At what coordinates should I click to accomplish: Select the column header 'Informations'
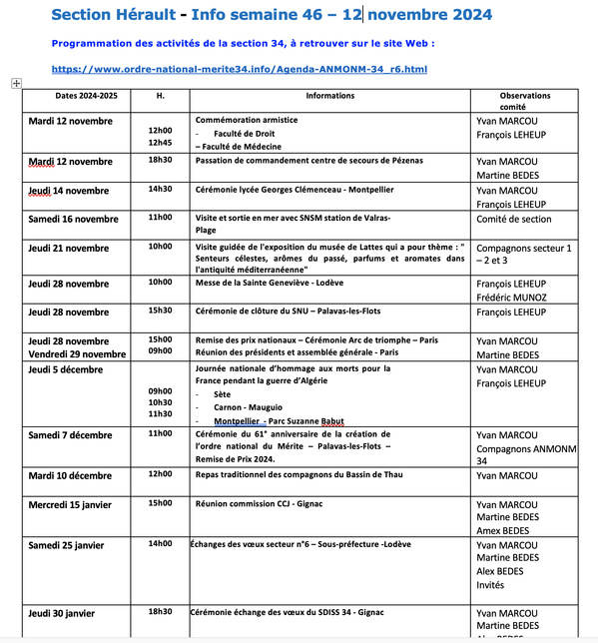(x=329, y=96)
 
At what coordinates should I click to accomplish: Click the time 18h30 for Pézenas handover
(x=160, y=160)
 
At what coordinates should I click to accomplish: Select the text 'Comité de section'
(x=513, y=219)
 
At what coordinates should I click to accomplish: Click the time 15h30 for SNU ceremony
(x=160, y=311)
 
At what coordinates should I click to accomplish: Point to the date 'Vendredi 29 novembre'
(x=77, y=353)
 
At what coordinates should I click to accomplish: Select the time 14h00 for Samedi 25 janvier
(x=160, y=544)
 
